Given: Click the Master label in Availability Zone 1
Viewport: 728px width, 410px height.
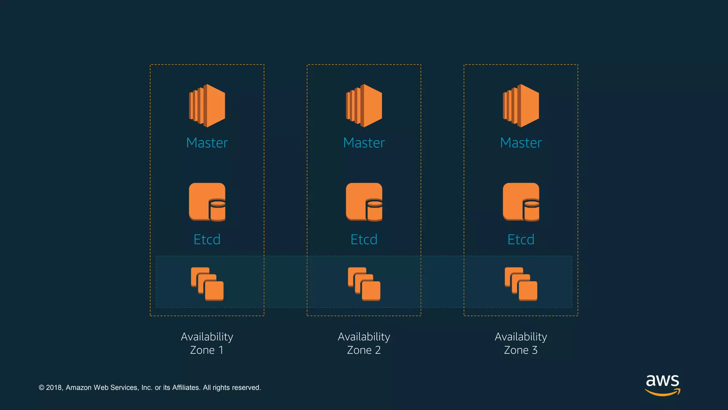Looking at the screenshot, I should coord(207,143).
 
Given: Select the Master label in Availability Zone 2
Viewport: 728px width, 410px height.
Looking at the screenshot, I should coord(364,143).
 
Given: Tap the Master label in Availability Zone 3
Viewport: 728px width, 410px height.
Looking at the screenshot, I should coord(521,143).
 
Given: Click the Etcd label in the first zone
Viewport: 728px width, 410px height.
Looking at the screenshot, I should coord(207,239).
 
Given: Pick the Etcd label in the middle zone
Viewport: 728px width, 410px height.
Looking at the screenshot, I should coord(364,239).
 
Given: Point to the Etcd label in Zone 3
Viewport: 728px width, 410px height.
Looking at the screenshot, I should coord(521,239).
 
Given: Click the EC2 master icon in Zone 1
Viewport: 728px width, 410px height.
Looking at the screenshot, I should coord(207,106).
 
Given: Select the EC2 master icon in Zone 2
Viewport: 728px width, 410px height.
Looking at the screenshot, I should coord(364,106).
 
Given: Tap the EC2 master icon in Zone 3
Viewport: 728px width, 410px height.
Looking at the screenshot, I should coord(521,106).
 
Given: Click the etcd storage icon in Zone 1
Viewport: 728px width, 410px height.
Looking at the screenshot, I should coord(207,202).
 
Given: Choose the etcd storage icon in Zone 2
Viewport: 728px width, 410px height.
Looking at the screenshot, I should coord(364,202).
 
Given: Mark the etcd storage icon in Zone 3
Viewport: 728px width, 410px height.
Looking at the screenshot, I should coord(521,202).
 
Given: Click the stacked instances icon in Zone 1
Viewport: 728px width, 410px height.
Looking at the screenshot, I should coord(207,284).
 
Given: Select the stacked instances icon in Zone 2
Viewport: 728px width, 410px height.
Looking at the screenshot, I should coord(364,284).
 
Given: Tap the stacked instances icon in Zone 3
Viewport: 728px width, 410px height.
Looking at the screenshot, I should coord(521,284).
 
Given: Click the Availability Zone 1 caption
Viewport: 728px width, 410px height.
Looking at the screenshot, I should coord(207,343).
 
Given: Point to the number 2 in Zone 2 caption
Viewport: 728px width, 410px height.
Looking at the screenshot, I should coord(378,350).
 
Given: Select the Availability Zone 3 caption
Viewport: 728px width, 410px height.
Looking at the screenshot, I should coord(521,343).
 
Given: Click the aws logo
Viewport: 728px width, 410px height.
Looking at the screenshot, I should coord(663,384).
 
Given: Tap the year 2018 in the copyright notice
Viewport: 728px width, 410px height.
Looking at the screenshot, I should coord(54,388).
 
